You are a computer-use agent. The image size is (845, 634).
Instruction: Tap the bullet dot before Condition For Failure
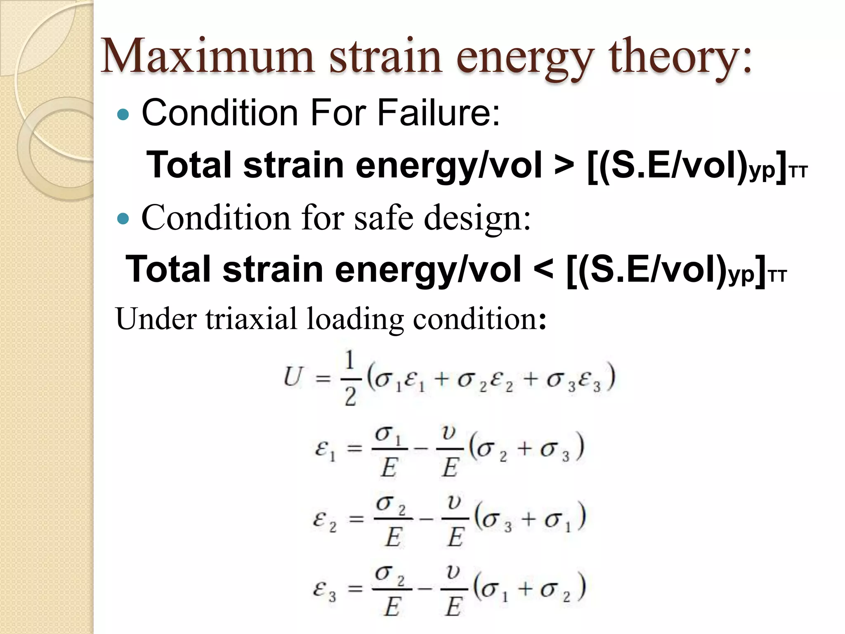[x=123, y=114]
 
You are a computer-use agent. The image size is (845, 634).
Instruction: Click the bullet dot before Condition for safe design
[x=123, y=218]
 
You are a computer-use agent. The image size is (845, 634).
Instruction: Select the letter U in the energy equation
[x=294, y=376]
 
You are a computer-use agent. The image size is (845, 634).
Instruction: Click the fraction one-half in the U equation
[x=350, y=378]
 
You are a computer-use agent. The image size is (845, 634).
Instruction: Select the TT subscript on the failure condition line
[x=798, y=172]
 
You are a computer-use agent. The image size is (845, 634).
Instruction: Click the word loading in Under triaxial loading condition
[x=354, y=319]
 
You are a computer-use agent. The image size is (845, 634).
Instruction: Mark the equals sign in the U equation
[x=323, y=378]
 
